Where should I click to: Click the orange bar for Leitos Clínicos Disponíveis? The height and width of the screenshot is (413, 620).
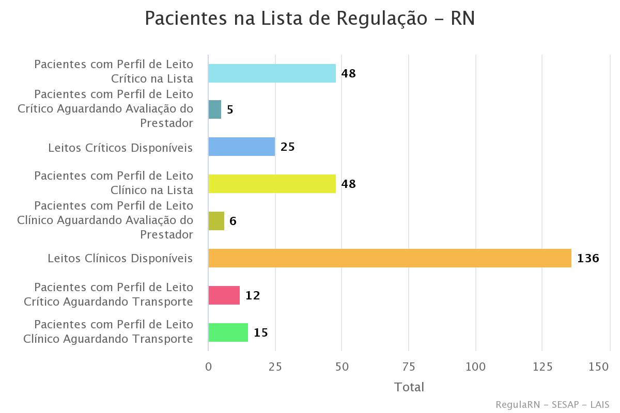click(390, 258)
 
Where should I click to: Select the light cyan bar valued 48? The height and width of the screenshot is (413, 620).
click(272, 73)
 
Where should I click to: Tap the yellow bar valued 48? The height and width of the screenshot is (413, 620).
click(272, 184)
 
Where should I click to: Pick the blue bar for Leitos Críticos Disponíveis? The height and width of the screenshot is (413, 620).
click(241, 147)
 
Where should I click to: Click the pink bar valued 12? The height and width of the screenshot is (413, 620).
click(224, 295)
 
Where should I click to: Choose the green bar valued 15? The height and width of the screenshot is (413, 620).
click(228, 332)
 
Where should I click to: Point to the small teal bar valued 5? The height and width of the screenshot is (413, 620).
click(215, 109)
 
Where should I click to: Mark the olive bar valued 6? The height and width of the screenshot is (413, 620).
click(216, 221)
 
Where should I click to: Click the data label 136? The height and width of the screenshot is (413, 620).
click(588, 258)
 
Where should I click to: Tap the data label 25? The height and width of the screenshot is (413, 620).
click(287, 147)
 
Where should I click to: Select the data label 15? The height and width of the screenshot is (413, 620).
click(260, 333)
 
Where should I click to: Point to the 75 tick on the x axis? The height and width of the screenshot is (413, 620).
click(409, 367)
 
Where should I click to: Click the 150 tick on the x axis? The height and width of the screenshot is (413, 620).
click(599, 367)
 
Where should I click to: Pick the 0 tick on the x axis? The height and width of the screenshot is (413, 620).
click(208, 367)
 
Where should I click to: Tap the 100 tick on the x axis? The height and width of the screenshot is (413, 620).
click(475, 367)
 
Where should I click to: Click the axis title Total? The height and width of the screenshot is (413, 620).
click(409, 387)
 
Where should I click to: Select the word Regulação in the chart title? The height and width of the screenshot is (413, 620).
click(381, 19)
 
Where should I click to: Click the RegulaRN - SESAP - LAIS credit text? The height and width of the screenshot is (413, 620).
click(552, 404)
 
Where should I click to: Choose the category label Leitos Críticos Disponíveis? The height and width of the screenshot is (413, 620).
click(120, 148)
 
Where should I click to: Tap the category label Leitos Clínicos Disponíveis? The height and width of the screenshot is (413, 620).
click(120, 258)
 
